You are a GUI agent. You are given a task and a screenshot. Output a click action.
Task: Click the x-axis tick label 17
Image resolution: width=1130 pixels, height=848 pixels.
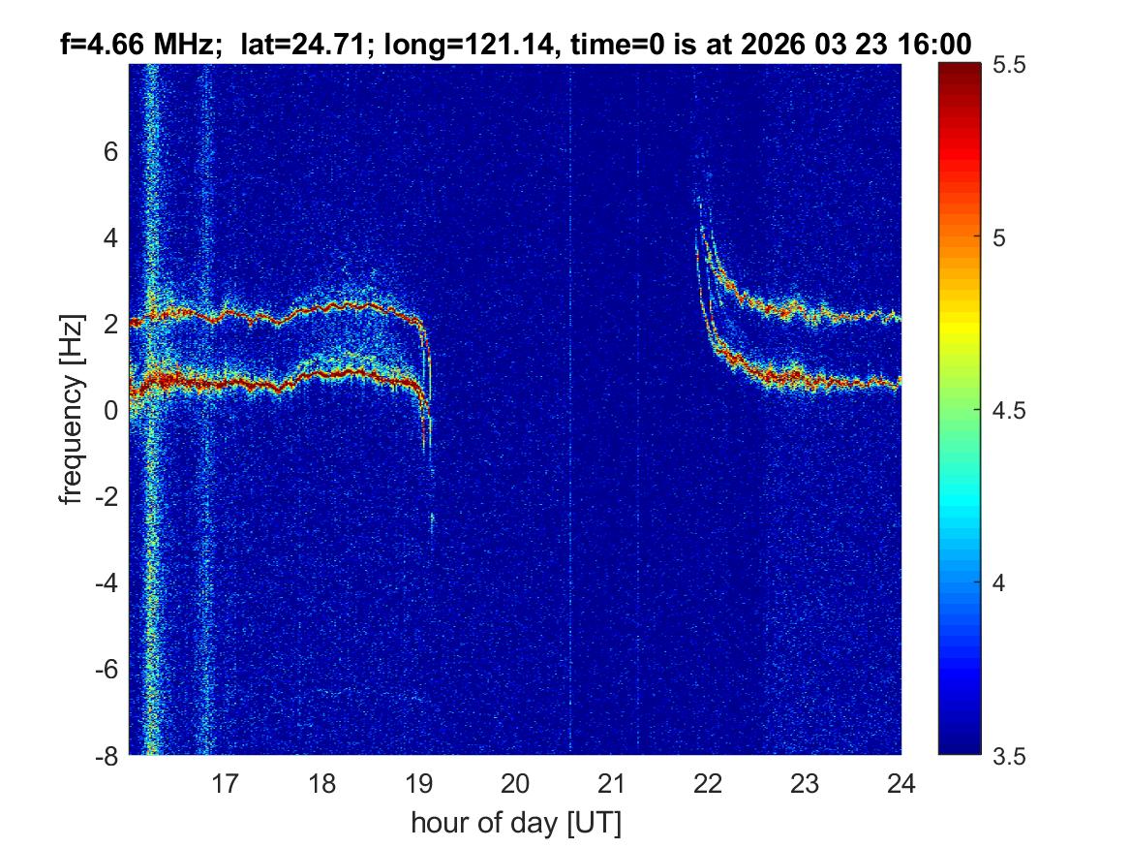[226, 783]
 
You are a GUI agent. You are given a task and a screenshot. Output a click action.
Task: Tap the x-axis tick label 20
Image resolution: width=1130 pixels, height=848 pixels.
[515, 783]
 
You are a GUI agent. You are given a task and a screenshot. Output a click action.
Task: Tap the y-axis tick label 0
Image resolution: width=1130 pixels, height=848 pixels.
[111, 410]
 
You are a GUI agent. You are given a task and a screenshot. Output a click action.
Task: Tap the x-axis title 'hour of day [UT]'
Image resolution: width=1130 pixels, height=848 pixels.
[515, 823]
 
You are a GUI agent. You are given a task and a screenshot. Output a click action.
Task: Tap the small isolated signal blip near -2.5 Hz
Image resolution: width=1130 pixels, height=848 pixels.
[432, 521]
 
